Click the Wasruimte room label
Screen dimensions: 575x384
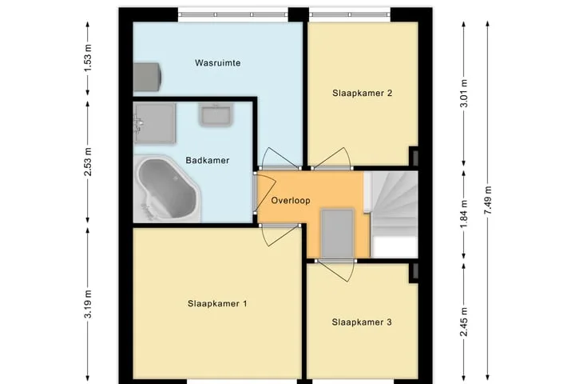(x=218, y=63)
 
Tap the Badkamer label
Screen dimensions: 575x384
(x=208, y=160)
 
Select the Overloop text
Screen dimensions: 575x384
(x=291, y=201)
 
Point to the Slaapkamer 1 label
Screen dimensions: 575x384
(x=217, y=303)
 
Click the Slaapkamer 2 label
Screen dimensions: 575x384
(x=363, y=93)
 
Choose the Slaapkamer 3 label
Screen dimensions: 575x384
(x=362, y=322)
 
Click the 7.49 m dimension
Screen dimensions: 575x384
(x=488, y=200)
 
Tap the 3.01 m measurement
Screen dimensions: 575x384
(x=464, y=94)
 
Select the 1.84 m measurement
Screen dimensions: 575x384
(x=464, y=214)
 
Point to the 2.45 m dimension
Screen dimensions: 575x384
(x=464, y=322)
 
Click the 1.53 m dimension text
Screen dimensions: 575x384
(x=88, y=58)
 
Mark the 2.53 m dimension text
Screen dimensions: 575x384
(x=88, y=162)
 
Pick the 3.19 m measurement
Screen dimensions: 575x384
(x=88, y=304)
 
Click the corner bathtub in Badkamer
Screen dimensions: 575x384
(x=167, y=189)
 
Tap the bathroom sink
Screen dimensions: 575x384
(x=216, y=114)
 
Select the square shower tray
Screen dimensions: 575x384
(x=154, y=122)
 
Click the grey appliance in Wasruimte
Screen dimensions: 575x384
(x=147, y=77)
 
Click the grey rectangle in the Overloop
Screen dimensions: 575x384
(x=337, y=234)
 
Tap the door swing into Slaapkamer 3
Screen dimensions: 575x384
(x=336, y=270)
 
